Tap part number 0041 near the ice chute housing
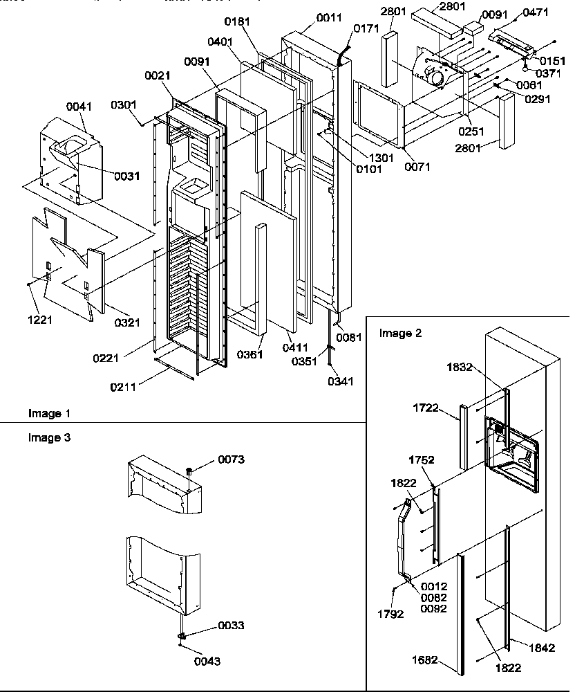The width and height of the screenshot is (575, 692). [78, 107]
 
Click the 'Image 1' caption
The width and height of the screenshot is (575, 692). [49, 413]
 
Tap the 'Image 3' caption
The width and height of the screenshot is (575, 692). [49, 437]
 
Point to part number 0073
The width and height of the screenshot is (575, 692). [232, 459]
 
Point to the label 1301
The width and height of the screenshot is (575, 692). [381, 157]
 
